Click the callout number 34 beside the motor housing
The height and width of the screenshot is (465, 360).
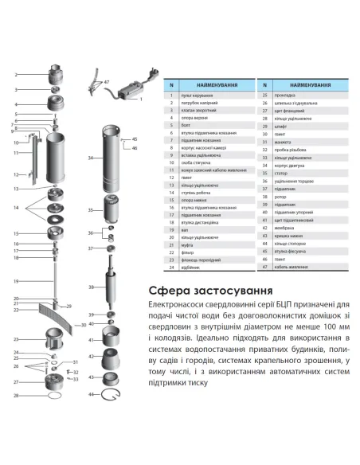90,158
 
